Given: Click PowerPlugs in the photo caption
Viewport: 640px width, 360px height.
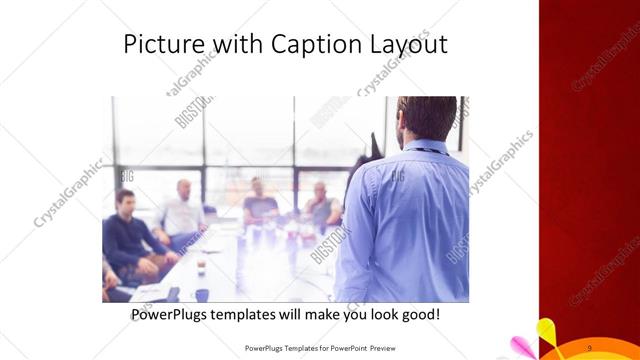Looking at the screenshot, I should coord(171,315).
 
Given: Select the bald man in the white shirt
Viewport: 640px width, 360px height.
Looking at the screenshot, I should coord(183,211).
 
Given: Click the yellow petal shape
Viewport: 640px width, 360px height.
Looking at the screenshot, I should coord(547,330).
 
